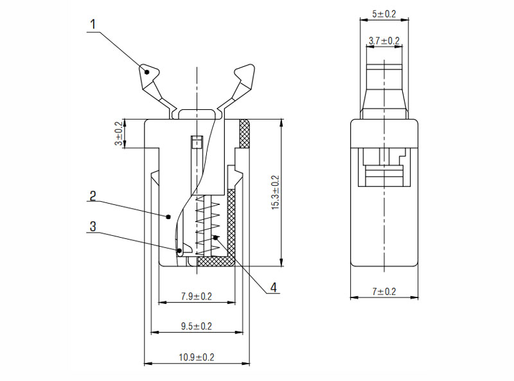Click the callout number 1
(x=93, y=24)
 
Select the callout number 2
(x=93, y=196)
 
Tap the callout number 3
(x=93, y=227)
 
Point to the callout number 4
(x=274, y=287)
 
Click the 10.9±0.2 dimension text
(x=197, y=357)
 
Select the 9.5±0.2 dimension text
(x=197, y=326)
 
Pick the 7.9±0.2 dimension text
(x=197, y=296)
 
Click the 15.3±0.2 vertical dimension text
(x=276, y=193)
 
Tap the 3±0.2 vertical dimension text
(x=120, y=134)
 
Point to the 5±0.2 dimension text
(x=384, y=14)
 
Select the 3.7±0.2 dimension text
(x=384, y=41)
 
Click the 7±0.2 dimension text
(x=384, y=292)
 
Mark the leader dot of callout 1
(x=147, y=72)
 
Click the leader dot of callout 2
(x=168, y=217)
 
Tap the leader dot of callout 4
(x=215, y=237)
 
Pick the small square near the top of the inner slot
(x=197, y=142)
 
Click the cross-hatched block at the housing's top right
(x=245, y=134)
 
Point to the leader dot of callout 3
(x=180, y=251)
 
